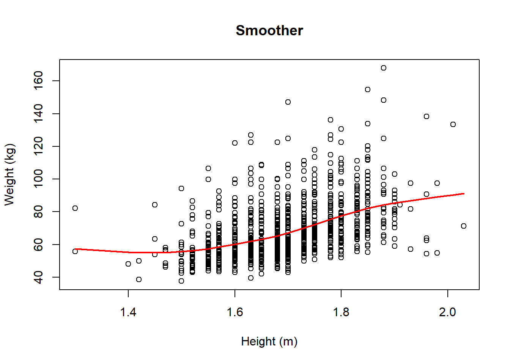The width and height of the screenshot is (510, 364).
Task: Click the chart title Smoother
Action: tap(269, 30)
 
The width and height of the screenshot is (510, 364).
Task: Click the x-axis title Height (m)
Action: tap(269, 341)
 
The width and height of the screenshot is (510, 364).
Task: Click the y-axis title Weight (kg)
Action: tap(9, 174)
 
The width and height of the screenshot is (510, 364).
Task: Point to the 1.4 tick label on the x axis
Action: tap(128, 312)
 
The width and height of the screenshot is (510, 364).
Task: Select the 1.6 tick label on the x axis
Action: tap(235, 312)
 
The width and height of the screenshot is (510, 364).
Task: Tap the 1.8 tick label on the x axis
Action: tap(341, 312)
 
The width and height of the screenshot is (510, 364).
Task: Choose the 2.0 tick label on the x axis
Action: tap(447, 312)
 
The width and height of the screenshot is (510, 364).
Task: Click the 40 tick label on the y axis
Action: tap(38, 277)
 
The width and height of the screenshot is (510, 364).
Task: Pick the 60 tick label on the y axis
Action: tap(38, 245)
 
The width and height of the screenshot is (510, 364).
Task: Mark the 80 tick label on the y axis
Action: tap(38, 212)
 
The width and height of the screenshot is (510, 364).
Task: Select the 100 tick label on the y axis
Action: tap(38, 179)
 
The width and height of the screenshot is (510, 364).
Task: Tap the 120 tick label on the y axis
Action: tap(38, 146)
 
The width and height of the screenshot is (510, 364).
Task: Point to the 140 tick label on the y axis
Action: tap(38, 113)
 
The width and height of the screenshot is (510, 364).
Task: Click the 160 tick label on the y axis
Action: tap(38, 81)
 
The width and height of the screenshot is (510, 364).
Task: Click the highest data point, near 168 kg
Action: tap(384, 68)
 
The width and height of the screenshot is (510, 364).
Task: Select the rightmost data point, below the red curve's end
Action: tap(464, 226)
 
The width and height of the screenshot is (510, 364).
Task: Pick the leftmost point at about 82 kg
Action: tap(75, 208)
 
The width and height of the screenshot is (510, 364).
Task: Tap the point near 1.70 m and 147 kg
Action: tap(288, 102)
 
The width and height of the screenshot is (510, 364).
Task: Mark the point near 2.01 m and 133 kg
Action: tap(453, 124)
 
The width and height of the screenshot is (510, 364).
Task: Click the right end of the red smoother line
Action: tap(464, 194)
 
